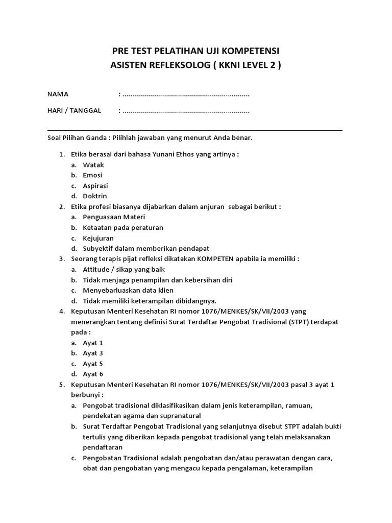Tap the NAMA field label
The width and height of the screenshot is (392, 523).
click(x=58, y=94)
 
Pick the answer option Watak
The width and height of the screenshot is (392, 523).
click(x=93, y=165)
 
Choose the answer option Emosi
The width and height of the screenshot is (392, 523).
click(x=92, y=175)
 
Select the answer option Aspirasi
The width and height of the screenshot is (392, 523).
click(x=95, y=185)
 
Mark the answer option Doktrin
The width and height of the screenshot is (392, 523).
click(x=95, y=196)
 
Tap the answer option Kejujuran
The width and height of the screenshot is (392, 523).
click(x=98, y=238)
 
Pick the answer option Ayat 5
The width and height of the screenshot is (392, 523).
click(x=93, y=364)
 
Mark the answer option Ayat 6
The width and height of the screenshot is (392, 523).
click(x=93, y=374)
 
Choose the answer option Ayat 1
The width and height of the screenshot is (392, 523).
click(x=93, y=343)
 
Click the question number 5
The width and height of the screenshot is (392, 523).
click(x=61, y=385)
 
